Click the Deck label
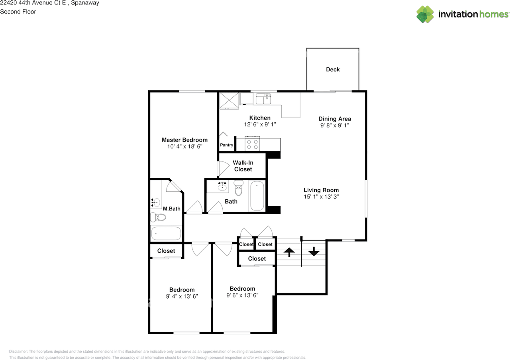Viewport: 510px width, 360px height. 333,69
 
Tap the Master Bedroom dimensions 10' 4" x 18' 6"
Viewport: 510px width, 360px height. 184,146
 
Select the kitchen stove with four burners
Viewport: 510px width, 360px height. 252,144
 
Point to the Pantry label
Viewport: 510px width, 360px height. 227,145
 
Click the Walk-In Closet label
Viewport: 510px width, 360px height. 243,166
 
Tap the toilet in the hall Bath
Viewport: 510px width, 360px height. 238,188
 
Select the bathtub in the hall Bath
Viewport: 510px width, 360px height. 257,196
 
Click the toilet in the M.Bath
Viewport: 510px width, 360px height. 158,217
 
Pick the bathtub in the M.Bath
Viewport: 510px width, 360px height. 166,233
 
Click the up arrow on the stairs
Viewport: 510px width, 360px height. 289,252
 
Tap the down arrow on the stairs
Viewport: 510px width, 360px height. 314,251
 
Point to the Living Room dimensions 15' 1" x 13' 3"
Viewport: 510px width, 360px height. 321,197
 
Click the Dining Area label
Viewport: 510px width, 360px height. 335,119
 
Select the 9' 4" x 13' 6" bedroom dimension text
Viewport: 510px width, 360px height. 182,296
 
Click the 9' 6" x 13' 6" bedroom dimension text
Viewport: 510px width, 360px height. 242,295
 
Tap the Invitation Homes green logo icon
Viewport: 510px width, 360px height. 425,14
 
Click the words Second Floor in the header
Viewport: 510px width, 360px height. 18,12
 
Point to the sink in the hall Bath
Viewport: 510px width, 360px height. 222,187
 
